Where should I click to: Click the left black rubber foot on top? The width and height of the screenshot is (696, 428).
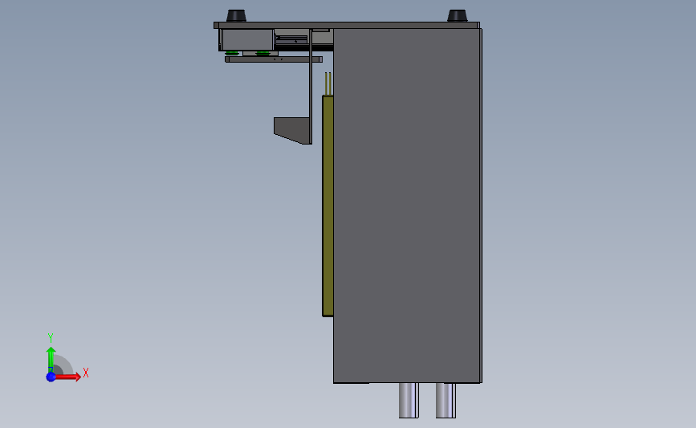click(x=236, y=16)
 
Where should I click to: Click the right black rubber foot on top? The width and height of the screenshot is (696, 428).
click(x=458, y=16)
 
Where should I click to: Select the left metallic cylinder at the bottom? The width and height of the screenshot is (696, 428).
click(x=409, y=400)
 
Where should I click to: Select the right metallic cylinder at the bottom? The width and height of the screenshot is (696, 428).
click(x=446, y=400)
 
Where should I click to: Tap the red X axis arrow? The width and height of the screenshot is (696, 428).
click(x=67, y=377)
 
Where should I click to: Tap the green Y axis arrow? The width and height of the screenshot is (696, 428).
click(x=51, y=360)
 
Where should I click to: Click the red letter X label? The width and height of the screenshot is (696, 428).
click(x=86, y=373)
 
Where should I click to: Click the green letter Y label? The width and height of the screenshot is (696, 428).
click(x=51, y=338)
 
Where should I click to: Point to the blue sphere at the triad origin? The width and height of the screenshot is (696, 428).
click(x=51, y=377)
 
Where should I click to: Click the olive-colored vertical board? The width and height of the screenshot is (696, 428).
click(x=328, y=206)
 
